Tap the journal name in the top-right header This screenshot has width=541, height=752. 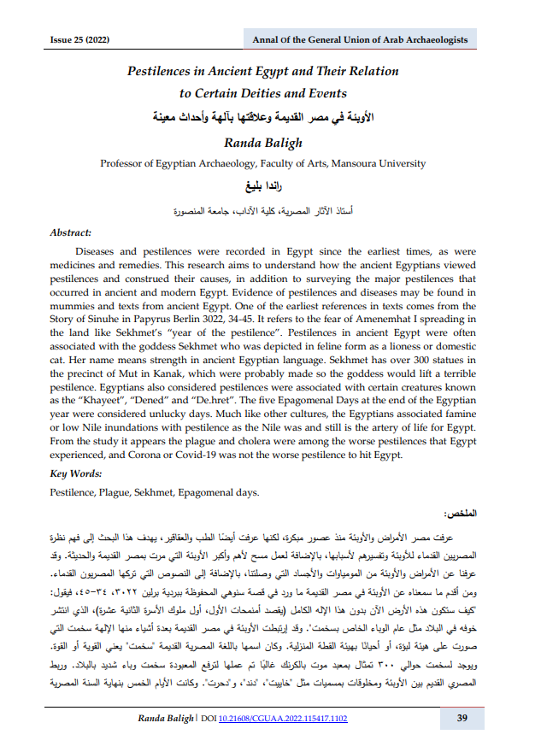[359, 41]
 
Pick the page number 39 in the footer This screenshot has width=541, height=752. [462, 719]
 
